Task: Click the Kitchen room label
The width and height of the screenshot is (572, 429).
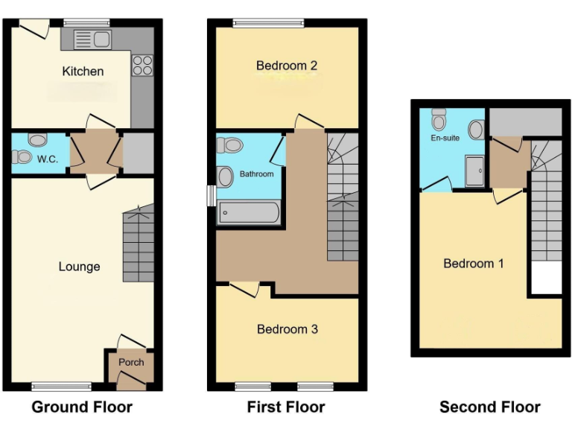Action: click(x=83, y=71)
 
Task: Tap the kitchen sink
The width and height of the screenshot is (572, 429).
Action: click(x=92, y=39)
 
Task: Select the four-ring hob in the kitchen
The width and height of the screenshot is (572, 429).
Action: click(x=142, y=66)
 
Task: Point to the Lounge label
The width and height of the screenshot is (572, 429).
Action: click(x=79, y=267)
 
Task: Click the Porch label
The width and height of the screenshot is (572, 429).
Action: click(x=131, y=363)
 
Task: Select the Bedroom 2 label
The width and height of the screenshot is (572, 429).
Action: click(x=287, y=66)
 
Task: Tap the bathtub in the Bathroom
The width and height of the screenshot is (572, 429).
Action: click(x=248, y=213)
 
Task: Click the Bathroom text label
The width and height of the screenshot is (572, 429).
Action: click(x=256, y=174)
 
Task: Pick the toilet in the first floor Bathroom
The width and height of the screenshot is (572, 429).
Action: click(x=232, y=144)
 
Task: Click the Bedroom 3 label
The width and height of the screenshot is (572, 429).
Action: click(x=287, y=329)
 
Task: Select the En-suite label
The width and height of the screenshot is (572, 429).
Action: click(x=445, y=138)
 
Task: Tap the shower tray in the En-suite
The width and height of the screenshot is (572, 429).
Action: click(x=474, y=171)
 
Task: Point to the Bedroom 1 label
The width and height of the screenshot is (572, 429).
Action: click(x=474, y=263)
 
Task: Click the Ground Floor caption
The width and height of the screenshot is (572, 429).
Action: click(x=82, y=407)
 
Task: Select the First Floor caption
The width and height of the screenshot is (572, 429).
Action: click(x=286, y=407)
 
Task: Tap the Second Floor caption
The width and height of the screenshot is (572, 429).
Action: click(x=489, y=407)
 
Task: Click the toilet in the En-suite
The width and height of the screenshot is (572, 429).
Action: click(x=439, y=118)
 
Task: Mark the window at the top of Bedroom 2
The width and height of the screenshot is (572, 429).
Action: click(x=268, y=23)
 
